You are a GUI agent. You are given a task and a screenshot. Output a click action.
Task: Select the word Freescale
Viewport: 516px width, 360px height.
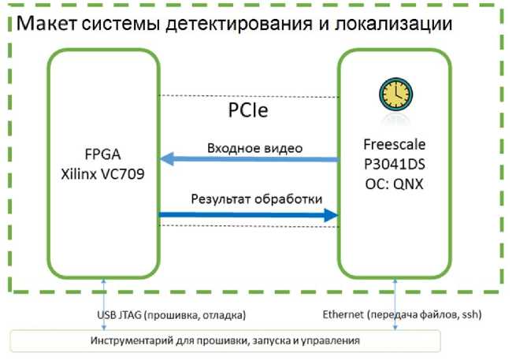[x=394, y=145]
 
